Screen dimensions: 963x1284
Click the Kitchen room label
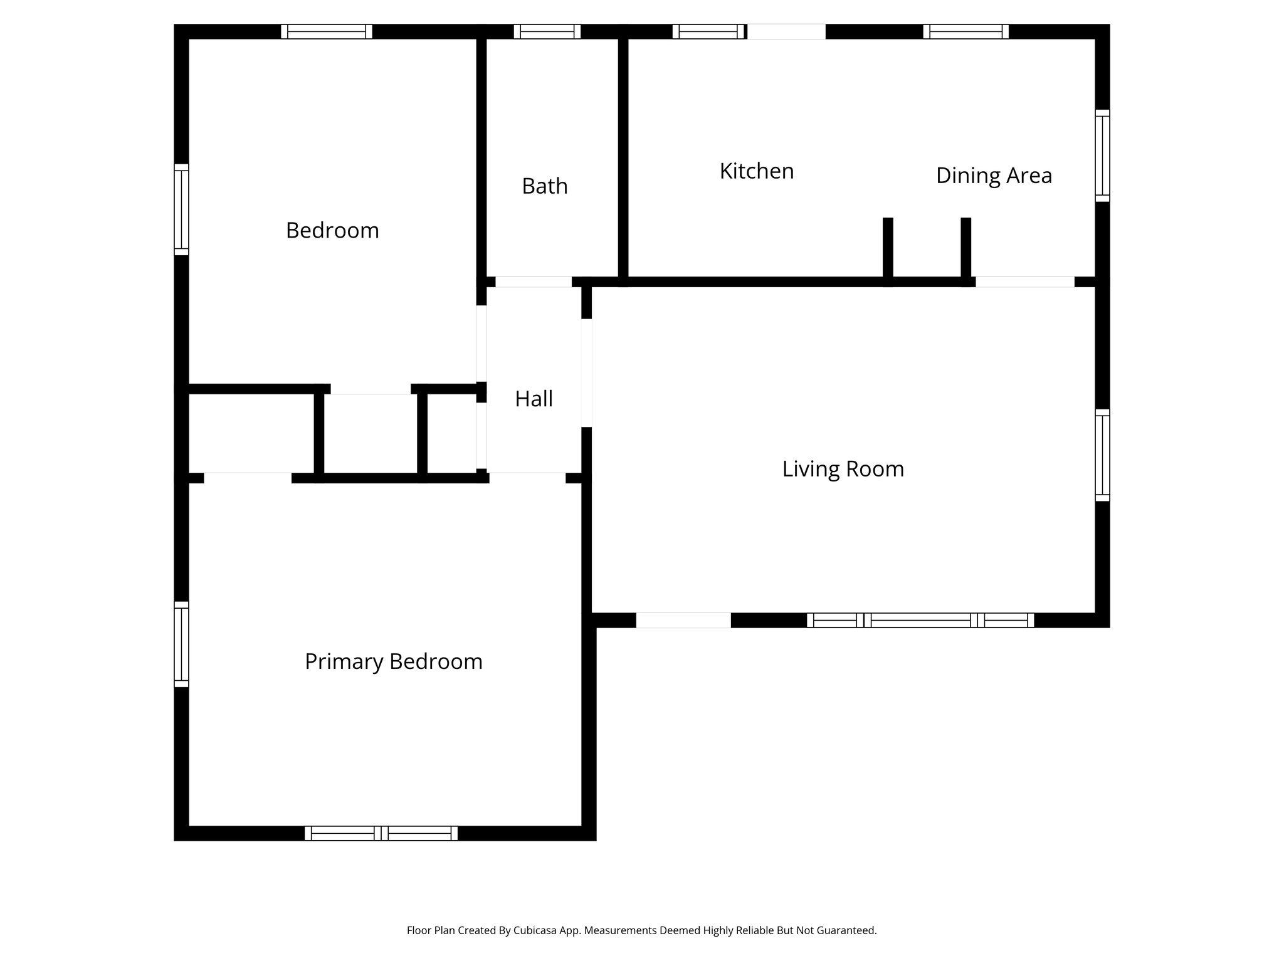[756, 171]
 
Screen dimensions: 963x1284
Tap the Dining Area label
[994, 176]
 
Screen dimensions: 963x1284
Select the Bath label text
[544, 186]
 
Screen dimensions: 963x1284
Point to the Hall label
[534, 399]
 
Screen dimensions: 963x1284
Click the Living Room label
[843, 469]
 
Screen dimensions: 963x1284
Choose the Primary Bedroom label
[393, 661]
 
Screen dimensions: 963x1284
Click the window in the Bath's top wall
[547, 31]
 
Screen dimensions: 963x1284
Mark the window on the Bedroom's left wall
[181, 209]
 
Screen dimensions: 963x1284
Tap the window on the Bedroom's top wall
[326, 31]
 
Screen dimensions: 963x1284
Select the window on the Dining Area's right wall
[1102, 155]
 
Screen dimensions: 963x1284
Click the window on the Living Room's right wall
[1102, 455]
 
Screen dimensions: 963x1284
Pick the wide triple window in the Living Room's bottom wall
[920, 620]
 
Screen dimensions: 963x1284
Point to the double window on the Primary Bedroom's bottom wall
[381, 833]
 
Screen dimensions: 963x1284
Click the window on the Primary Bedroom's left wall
[181, 645]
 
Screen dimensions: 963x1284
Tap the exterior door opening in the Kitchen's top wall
[786, 31]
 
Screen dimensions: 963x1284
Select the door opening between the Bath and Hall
[534, 282]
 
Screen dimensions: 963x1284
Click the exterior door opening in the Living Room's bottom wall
[683, 620]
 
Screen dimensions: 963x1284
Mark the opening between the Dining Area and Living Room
[1024, 282]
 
